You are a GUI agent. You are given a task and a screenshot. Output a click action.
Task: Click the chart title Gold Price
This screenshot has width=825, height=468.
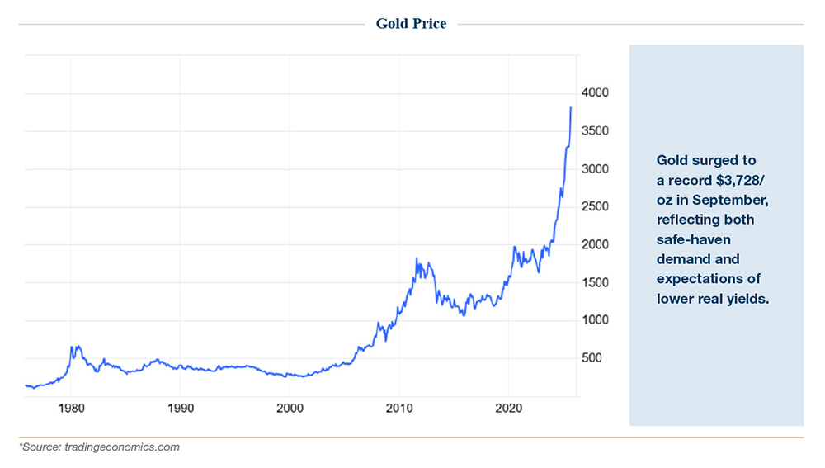411,24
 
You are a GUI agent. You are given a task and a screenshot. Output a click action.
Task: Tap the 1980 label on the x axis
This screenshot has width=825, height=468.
72,408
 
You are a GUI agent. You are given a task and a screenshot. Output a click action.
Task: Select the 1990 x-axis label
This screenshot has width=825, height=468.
181,408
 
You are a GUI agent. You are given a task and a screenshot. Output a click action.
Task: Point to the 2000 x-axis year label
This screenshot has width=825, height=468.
290,408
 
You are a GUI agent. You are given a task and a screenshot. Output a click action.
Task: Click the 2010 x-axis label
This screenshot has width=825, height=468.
398,408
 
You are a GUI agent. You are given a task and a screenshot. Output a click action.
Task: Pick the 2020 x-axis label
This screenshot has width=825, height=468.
508,408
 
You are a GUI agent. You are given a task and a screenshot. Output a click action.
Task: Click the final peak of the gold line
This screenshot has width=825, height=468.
571,107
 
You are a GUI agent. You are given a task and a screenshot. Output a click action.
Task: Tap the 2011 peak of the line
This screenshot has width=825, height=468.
417,259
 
